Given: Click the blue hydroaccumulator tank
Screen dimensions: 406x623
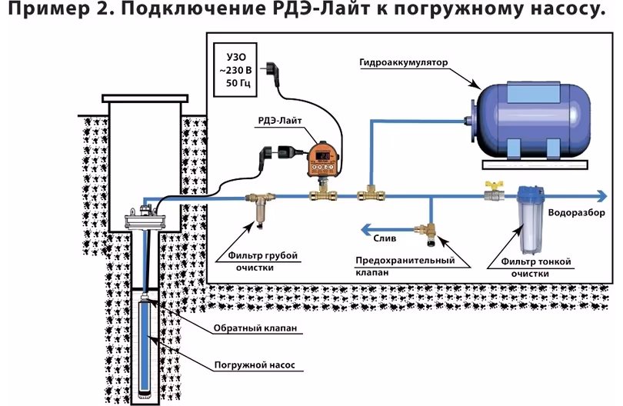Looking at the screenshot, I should pos(530,120).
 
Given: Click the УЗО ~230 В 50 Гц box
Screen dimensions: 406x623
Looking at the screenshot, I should pos(233,66).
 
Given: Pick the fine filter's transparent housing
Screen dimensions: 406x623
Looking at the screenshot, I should pos(531,223).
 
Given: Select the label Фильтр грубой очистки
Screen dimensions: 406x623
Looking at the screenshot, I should pos(262,261).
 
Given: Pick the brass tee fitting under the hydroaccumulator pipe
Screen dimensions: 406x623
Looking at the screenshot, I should pos(370,195).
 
